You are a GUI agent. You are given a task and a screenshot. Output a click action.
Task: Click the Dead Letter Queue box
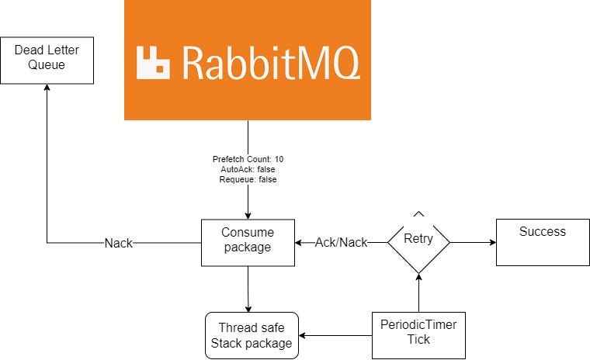(47, 60)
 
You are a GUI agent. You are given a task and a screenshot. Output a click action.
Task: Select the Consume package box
(248, 243)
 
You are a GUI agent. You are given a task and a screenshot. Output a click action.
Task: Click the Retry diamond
(418, 241)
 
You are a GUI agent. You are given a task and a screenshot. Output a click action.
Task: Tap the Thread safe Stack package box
(252, 335)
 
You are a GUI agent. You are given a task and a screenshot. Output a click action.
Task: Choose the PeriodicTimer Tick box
(418, 335)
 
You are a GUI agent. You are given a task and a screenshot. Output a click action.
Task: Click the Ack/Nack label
(341, 243)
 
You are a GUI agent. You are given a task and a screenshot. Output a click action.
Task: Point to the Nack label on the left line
(119, 244)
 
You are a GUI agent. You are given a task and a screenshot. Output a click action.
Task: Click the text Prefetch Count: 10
(248, 159)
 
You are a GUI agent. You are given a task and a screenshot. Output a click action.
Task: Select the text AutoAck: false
(248, 169)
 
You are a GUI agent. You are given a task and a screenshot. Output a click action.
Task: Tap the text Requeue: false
(248, 179)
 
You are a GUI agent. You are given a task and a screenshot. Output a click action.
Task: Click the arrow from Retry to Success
(474, 242)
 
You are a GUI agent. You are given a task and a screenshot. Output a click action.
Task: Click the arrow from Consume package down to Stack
(248, 289)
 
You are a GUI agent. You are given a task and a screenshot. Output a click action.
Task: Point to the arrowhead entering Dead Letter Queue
(47, 89)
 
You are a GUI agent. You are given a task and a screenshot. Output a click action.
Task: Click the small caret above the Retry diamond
(418, 213)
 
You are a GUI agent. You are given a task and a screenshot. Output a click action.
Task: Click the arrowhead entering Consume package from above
(248, 215)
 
